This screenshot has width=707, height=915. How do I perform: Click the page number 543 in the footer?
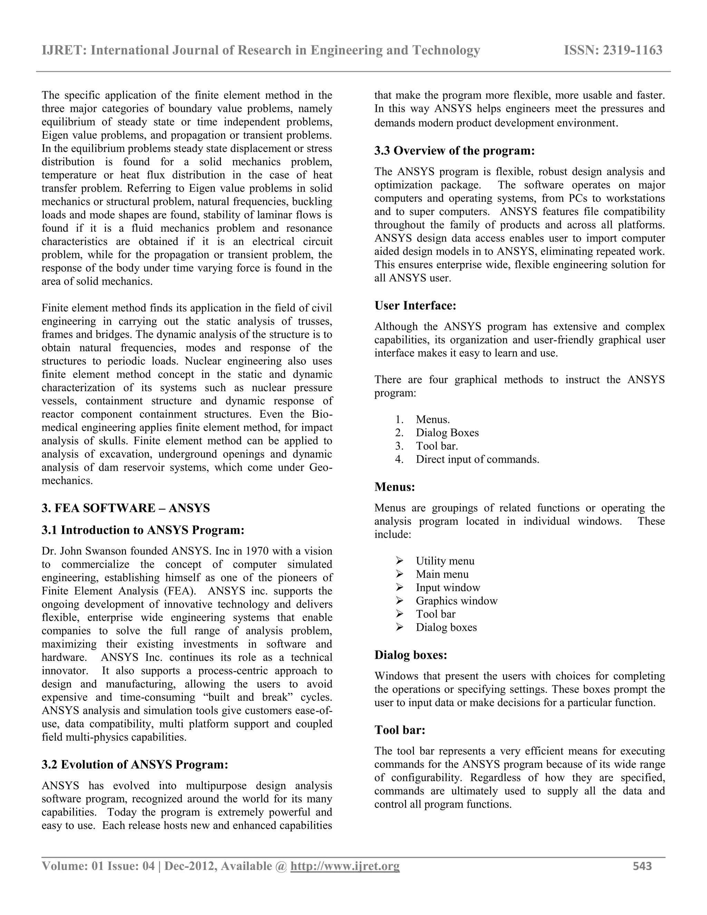(642, 866)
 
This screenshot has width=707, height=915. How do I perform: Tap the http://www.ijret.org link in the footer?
(345, 866)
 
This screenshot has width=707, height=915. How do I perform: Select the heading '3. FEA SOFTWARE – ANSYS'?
(126, 508)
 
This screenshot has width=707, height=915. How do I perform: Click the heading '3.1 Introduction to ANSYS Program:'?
(143, 530)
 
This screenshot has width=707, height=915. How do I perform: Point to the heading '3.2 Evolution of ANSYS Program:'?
(135, 764)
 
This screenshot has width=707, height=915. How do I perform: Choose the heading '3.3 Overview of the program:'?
(454, 151)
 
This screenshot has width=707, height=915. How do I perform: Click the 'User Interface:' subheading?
(415, 306)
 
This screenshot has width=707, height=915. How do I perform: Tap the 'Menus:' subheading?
(395, 487)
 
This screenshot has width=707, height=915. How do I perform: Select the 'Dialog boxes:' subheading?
(410, 655)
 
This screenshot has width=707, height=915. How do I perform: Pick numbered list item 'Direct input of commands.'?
(477, 460)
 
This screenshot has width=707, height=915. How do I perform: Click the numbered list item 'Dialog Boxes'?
(447, 433)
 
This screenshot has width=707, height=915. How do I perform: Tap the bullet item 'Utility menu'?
(445, 561)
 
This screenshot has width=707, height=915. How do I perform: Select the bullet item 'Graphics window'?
(456, 601)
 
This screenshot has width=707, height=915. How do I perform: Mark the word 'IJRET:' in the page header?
(65, 50)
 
